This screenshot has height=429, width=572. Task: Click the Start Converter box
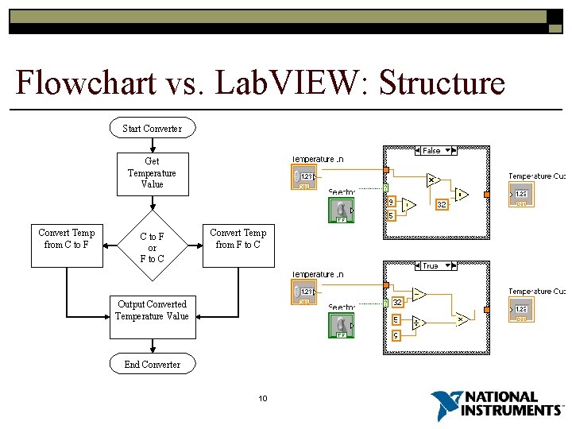(x=152, y=128)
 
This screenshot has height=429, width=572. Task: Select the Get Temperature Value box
(x=152, y=173)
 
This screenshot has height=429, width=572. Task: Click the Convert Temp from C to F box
(x=67, y=238)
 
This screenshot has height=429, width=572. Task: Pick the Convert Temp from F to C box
(x=238, y=238)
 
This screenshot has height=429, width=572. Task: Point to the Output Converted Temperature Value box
(x=152, y=310)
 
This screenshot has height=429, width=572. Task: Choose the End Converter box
(x=152, y=364)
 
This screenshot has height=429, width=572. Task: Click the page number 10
(x=263, y=398)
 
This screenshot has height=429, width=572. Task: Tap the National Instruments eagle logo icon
(x=445, y=405)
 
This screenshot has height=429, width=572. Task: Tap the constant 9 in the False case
(x=392, y=202)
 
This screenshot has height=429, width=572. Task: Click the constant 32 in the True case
(x=396, y=302)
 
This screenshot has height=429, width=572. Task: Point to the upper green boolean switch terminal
(x=341, y=210)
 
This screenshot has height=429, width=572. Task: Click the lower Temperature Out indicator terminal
(x=521, y=310)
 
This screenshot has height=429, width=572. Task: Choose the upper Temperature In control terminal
(x=304, y=177)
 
